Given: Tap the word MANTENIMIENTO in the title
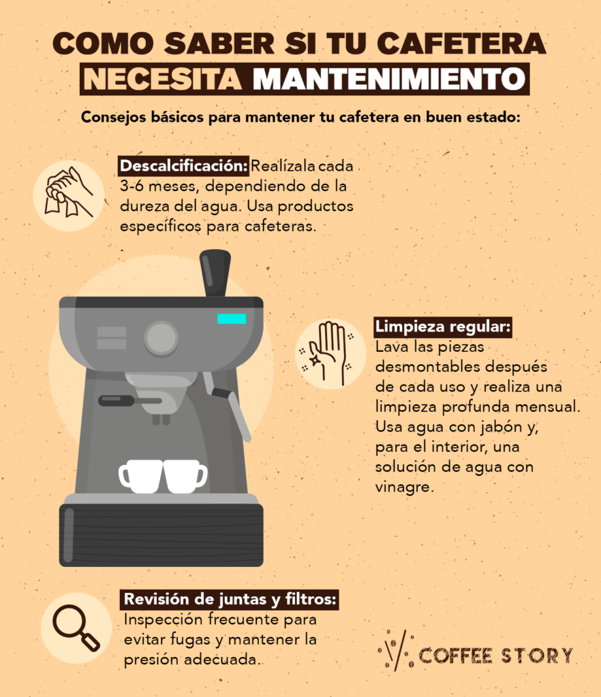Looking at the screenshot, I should click(x=389, y=79).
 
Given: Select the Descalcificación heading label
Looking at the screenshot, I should click(x=184, y=166).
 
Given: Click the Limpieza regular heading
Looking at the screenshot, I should click(x=442, y=327).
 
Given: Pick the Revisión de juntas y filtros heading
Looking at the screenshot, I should click(x=230, y=600).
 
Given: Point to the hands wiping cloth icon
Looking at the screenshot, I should click(x=68, y=195).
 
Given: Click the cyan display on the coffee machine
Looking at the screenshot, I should click(x=232, y=319).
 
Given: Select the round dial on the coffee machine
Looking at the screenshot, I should click(x=161, y=338).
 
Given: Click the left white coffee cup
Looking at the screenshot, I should click(x=142, y=476).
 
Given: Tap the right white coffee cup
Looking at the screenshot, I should click(x=185, y=476).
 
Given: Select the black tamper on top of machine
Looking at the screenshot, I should click(x=215, y=272).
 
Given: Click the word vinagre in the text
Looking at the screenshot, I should click(x=403, y=487).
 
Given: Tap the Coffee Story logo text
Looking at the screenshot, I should click(x=495, y=655).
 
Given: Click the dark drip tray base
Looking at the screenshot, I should click(x=161, y=535).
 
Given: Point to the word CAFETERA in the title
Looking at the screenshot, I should click(x=461, y=44).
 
